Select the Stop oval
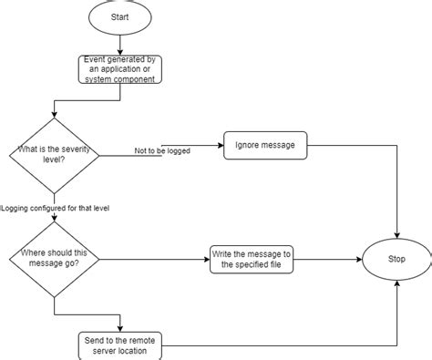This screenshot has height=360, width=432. pyautogui.click(x=397, y=259)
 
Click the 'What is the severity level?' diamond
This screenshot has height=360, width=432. pyautogui.click(x=54, y=155)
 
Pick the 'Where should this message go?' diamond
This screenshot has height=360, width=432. pyautogui.click(x=54, y=259)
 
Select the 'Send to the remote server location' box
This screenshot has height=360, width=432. pyautogui.click(x=121, y=344)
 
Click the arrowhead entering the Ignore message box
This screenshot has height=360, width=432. pyautogui.click(x=220, y=144)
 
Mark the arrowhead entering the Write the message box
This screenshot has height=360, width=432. pyautogui.click(x=206, y=259)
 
